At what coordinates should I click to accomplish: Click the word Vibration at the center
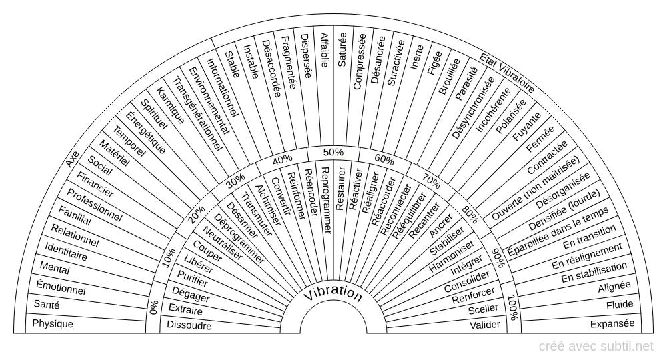[x=333, y=294]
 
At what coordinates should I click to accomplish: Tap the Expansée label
[x=612, y=325]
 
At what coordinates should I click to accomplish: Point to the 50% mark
[x=333, y=152]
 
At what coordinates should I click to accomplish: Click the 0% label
[x=154, y=307]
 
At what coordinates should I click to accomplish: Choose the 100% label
[x=512, y=307]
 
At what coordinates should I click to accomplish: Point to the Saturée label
[x=342, y=53]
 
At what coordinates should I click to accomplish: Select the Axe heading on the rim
[x=73, y=161]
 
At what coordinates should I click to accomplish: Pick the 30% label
[x=235, y=181]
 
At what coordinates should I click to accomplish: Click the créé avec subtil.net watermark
[x=597, y=346]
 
